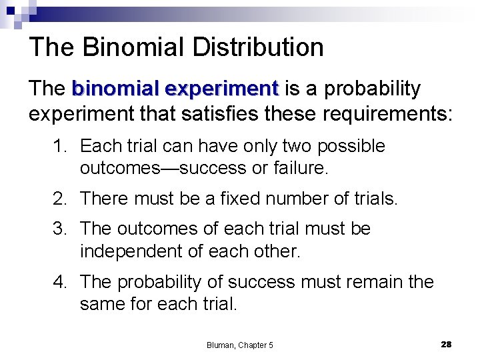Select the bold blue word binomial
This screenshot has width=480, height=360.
(x=117, y=89)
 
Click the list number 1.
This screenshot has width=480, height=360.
(x=59, y=146)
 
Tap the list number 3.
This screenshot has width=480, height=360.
(x=59, y=229)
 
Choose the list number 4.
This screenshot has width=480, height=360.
(x=59, y=282)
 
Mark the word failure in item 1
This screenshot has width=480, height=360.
(x=301, y=169)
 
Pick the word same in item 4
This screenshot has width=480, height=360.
(x=102, y=305)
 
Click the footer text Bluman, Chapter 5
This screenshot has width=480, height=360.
(x=240, y=345)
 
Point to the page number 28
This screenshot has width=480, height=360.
(x=446, y=344)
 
